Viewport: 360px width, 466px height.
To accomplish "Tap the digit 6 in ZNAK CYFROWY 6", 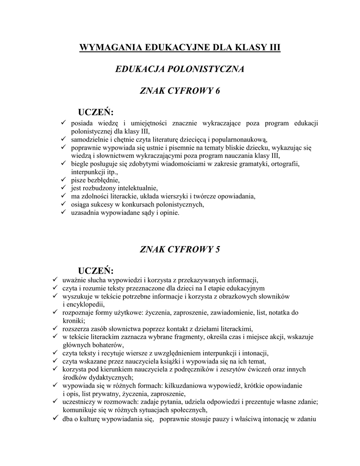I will pyautogui.click(x=218, y=91).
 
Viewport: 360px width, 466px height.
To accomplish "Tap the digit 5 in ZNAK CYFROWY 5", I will pyautogui.click(x=218, y=249).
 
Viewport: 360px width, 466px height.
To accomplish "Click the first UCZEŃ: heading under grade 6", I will pyautogui.click(x=96, y=112).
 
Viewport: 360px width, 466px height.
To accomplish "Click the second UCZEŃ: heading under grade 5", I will pyautogui.click(x=96, y=270).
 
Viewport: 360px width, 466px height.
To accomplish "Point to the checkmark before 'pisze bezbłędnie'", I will pyautogui.click(x=63, y=180).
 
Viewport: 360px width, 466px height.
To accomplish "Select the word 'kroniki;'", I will pyautogui.click(x=73, y=320).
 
